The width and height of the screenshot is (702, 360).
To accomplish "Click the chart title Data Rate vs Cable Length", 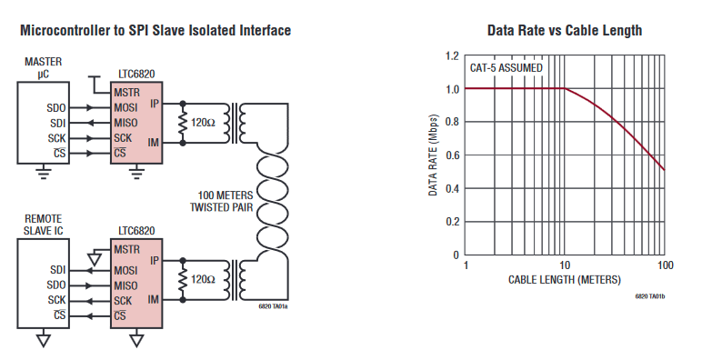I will pos(564,31).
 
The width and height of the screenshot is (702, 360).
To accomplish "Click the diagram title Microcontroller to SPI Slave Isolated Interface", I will pos(155,31).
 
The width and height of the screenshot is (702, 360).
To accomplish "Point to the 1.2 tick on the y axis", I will pos(451,55).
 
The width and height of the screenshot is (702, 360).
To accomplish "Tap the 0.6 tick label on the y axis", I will pos(451,155).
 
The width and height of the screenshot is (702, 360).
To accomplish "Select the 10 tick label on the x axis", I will pos(565,265).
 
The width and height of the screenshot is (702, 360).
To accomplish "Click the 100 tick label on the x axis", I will pos(664,265).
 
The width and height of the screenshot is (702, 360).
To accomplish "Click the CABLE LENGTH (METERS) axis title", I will pos(565,279).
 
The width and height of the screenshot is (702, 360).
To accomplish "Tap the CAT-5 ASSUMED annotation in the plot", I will pos(506,67).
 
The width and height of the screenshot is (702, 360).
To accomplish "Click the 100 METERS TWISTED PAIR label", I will pos(222,200).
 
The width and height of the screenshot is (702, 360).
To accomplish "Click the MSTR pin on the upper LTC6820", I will pos(127,93).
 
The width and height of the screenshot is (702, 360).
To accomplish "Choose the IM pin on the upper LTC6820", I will pos(153,142).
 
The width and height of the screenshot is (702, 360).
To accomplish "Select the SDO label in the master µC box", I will pos(55,108).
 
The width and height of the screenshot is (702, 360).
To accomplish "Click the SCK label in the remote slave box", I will pos(55,299).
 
